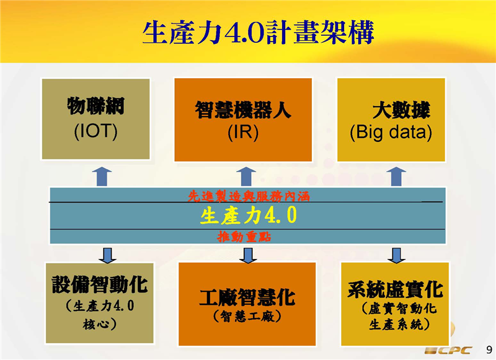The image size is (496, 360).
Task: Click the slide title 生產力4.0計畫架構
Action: pos(257,32)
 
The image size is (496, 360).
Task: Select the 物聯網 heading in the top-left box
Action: pos(95,107)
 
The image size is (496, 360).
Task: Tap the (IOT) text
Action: pos(95,131)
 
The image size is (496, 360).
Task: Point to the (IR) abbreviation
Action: pos(242,132)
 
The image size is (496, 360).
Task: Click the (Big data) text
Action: pos(391,132)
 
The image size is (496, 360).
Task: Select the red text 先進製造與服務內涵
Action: pos(249,196)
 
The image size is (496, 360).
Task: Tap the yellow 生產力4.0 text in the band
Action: pos(248,216)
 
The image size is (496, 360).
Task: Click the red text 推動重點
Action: pos(244,237)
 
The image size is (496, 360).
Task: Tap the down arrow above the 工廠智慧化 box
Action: pos(248,255)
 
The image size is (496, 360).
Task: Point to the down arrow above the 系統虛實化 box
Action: pos(396,254)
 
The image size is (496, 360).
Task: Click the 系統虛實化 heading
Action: pos(395,289)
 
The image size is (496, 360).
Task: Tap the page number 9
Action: pos(487,349)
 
